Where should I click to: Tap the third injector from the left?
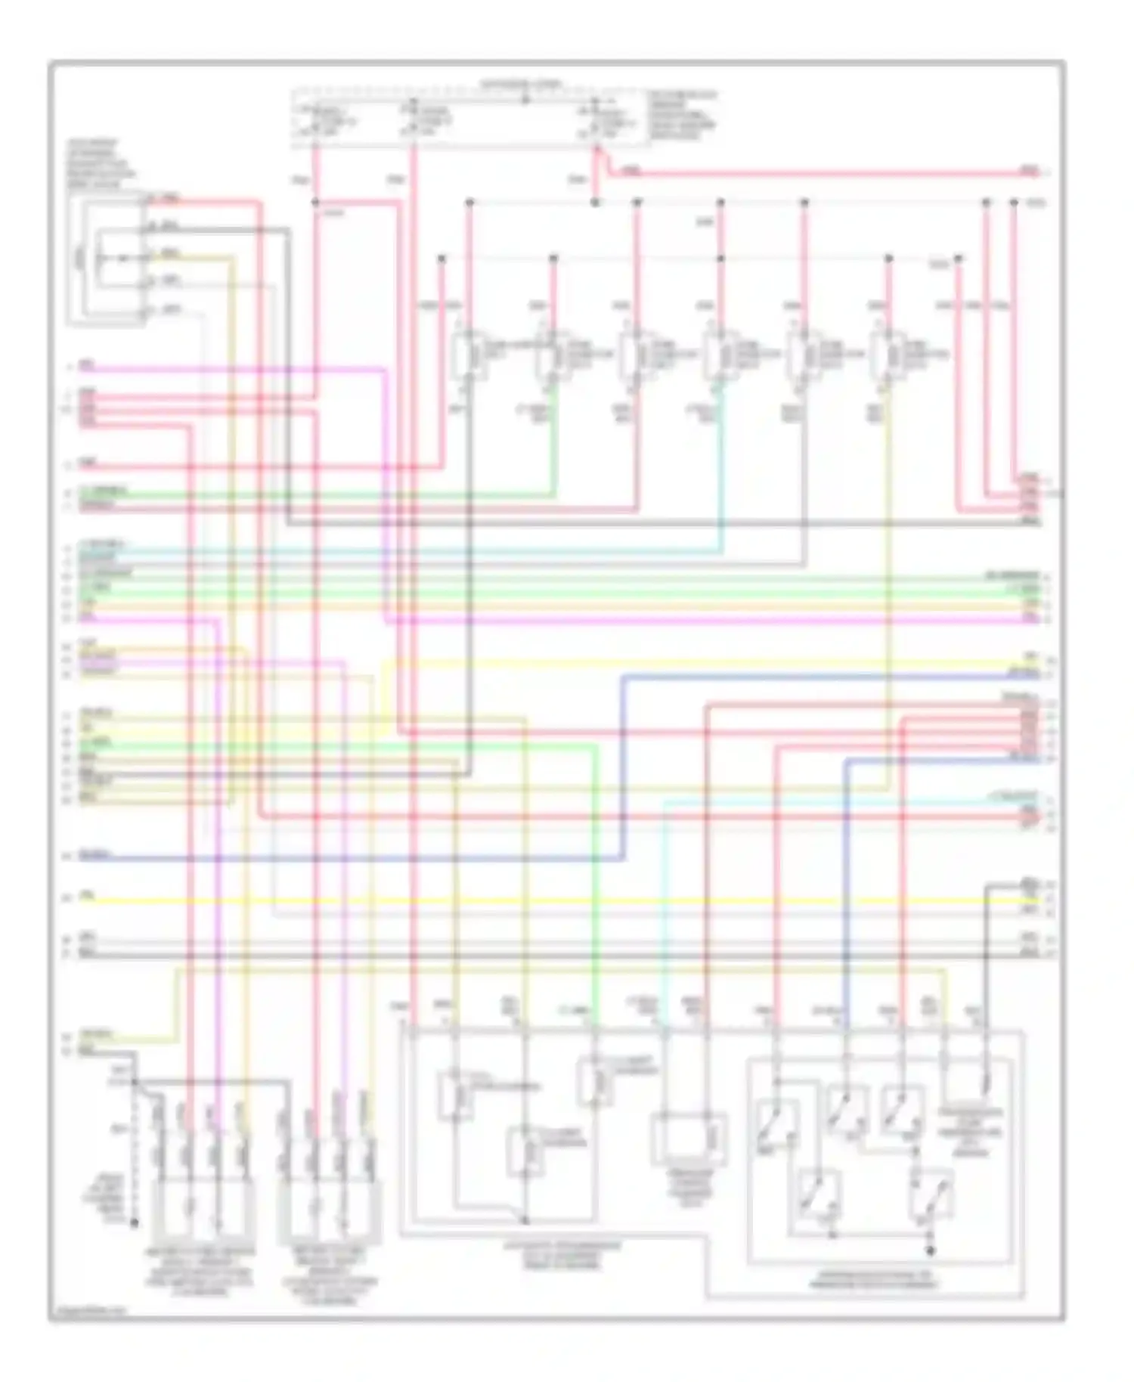[x=630, y=355]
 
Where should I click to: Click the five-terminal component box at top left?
[x=106, y=261]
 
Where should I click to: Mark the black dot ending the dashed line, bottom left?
[x=135, y=1222]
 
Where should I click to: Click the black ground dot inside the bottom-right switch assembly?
[x=931, y=1251]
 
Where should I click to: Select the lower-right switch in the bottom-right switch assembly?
[x=931, y=1197]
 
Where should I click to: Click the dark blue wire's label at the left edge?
[x=94, y=855]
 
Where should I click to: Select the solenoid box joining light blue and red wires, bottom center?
[x=689, y=1138]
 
